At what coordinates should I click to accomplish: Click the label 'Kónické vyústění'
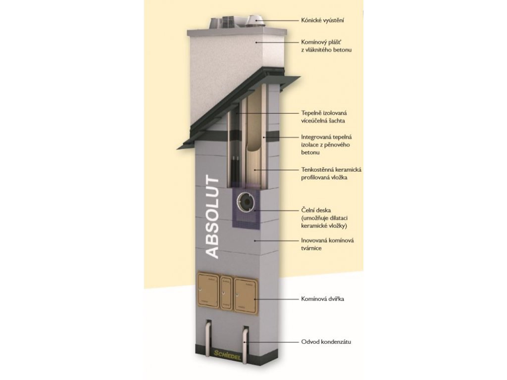point(323,20)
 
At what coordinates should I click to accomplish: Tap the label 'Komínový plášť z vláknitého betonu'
point(326,47)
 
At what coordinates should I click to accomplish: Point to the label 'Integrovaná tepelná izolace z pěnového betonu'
point(326,144)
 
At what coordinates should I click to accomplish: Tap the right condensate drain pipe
point(246,337)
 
